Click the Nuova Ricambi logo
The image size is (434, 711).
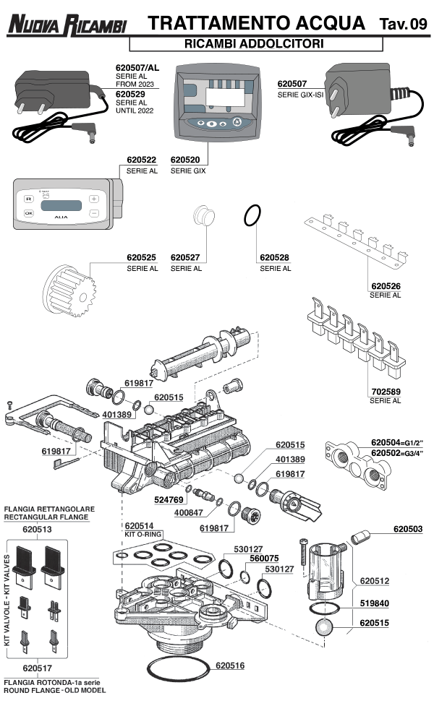coord(67,25)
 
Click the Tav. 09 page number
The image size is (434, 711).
coord(403,25)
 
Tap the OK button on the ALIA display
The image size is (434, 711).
coord(28,213)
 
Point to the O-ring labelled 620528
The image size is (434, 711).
coord(252,214)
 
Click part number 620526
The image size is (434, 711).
coord(385,286)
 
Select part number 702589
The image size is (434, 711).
coord(385,391)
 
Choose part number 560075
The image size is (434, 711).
coord(264,558)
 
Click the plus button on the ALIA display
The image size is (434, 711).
coord(93,199)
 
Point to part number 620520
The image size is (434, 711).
coord(186,160)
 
